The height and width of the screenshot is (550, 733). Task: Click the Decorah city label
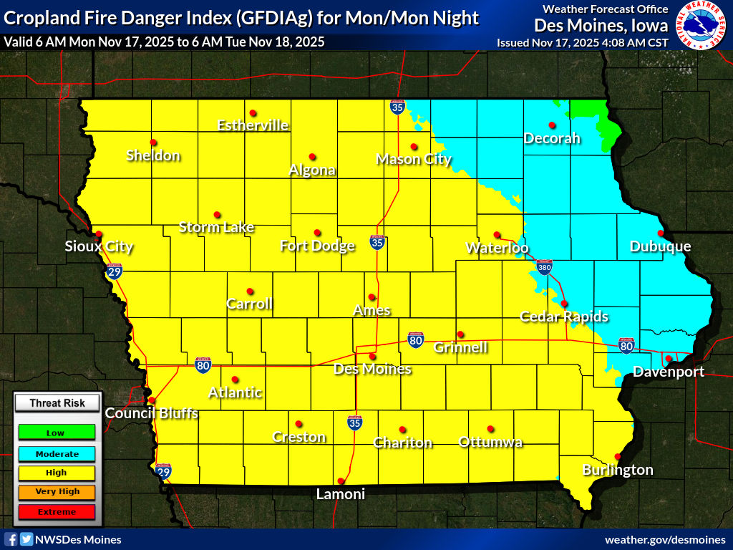[551, 138]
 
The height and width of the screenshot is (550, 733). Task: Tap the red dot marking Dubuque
[661, 233]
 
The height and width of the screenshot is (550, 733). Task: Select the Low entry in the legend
[56, 433]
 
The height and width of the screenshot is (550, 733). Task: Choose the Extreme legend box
[56, 512]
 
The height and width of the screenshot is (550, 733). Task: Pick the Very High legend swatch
[56, 492]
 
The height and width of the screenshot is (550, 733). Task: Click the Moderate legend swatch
[56, 453]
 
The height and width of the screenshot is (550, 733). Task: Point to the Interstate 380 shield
[544, 266]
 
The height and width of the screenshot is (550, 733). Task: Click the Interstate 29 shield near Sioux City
[114, 271]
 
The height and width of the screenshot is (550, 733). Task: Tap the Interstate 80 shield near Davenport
[626, 346]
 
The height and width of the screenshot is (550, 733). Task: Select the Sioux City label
[99, 247]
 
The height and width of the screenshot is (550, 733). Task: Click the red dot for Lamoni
[341, 481]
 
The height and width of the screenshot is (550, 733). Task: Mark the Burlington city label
[617, 470]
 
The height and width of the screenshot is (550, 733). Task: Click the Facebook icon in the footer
[11, 539]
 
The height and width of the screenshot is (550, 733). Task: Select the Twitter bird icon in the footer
[26, 539]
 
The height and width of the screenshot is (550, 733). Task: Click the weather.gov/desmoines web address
[665, 539]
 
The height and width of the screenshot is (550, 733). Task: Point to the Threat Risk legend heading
[57, 403]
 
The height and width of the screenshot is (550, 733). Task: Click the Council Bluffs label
[151, 413]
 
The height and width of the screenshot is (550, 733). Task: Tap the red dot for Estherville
[253, 113]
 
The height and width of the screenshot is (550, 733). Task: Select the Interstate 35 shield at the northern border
[397, 107]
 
